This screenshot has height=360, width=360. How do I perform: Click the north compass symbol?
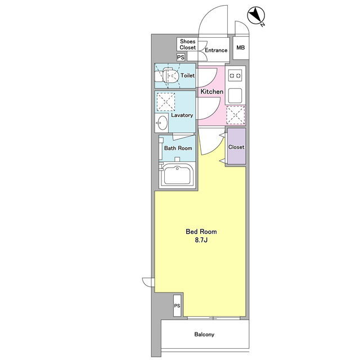[256, 16]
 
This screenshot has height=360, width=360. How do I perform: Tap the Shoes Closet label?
[187, 44]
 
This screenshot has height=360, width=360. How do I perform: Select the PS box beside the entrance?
[181, 57]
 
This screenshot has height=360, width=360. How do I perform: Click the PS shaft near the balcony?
[177, 305]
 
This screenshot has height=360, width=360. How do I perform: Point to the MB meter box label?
[241, 47]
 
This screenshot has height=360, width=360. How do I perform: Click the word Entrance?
[216, 50]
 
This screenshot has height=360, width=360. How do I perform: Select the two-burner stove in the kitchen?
[235, 75]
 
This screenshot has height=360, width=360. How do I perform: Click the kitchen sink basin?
[235, 96]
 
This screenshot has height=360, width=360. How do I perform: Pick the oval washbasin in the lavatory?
[163, 123]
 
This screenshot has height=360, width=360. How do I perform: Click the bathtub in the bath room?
[177, 175]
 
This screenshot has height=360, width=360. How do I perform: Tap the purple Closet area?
[236, 146]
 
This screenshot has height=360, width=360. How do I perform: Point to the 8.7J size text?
[201, 240]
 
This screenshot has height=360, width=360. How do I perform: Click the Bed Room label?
[201, 231]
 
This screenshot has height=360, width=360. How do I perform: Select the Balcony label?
[204, 334]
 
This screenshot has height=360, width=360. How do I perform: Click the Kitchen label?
[212, 92]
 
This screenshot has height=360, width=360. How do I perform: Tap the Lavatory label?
[182, 115]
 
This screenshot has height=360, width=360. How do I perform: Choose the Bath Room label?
[178, 148]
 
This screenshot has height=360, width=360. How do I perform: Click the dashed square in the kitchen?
[236, 115]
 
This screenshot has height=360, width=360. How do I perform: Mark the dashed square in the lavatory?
[166, 102]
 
